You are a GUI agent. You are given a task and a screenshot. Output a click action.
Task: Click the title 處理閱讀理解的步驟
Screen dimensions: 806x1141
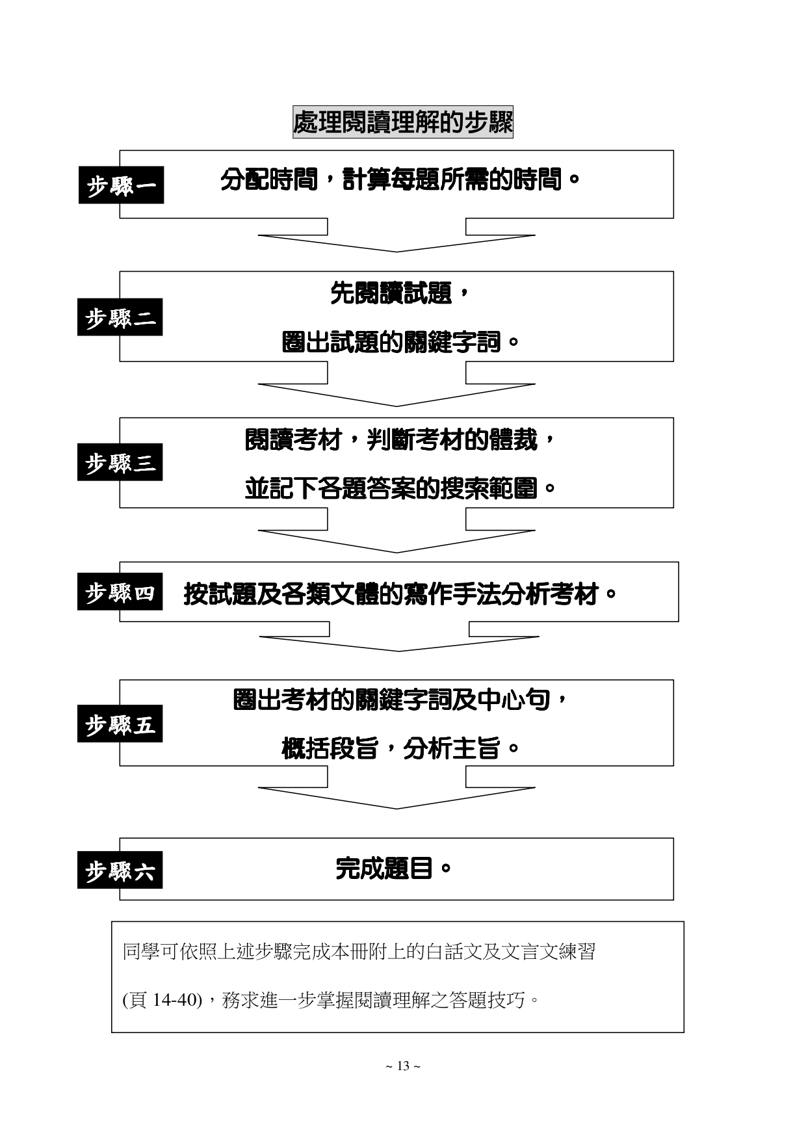tap(402, 122)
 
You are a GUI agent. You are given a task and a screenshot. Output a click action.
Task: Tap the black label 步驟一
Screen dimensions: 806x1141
tap(121, 185)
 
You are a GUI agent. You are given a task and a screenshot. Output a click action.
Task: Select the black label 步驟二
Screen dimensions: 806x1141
tap(120, 317)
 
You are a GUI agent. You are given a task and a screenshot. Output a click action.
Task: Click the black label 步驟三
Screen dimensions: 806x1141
tap(120, 462)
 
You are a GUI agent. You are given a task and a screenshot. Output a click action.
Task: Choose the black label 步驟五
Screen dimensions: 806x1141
tap(120, 724)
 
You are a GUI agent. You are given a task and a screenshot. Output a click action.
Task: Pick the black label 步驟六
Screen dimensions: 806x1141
tap(120, 870)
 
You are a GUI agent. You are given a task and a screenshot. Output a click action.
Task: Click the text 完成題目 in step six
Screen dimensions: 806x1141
tap(383, 868)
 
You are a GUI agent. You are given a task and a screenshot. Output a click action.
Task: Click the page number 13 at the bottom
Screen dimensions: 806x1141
tap(403, 1066)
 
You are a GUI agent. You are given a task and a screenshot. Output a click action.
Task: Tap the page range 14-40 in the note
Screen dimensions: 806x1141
tap(174, 999)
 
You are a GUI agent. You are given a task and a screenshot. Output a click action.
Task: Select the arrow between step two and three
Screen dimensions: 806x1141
tap(396, 389)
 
